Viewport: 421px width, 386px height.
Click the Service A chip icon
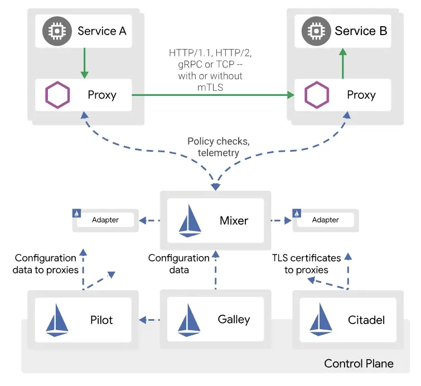(x=56, y=31)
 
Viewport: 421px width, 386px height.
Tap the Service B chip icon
(x=314, y=31)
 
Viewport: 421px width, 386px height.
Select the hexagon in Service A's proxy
(x=57, y=95)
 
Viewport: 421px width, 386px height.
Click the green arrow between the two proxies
(x=212, y=95)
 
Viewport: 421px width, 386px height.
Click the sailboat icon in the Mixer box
(x=190, y=220)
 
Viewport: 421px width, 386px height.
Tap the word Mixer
(x=234, y=220)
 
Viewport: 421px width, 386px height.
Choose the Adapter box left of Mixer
(x=105, y=220)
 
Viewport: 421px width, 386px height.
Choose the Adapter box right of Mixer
(x=325, y=220)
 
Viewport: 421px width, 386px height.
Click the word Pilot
(x=101, y=320)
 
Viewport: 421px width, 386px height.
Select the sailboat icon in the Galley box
(x=189, y=320)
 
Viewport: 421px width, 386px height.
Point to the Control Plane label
(x=359, y=364)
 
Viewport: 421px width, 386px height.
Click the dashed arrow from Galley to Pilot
(x=150, y=320)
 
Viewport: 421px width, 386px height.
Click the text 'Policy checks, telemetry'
(x=218, y=147)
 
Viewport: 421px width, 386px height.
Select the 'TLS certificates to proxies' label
(x=306, y=264)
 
